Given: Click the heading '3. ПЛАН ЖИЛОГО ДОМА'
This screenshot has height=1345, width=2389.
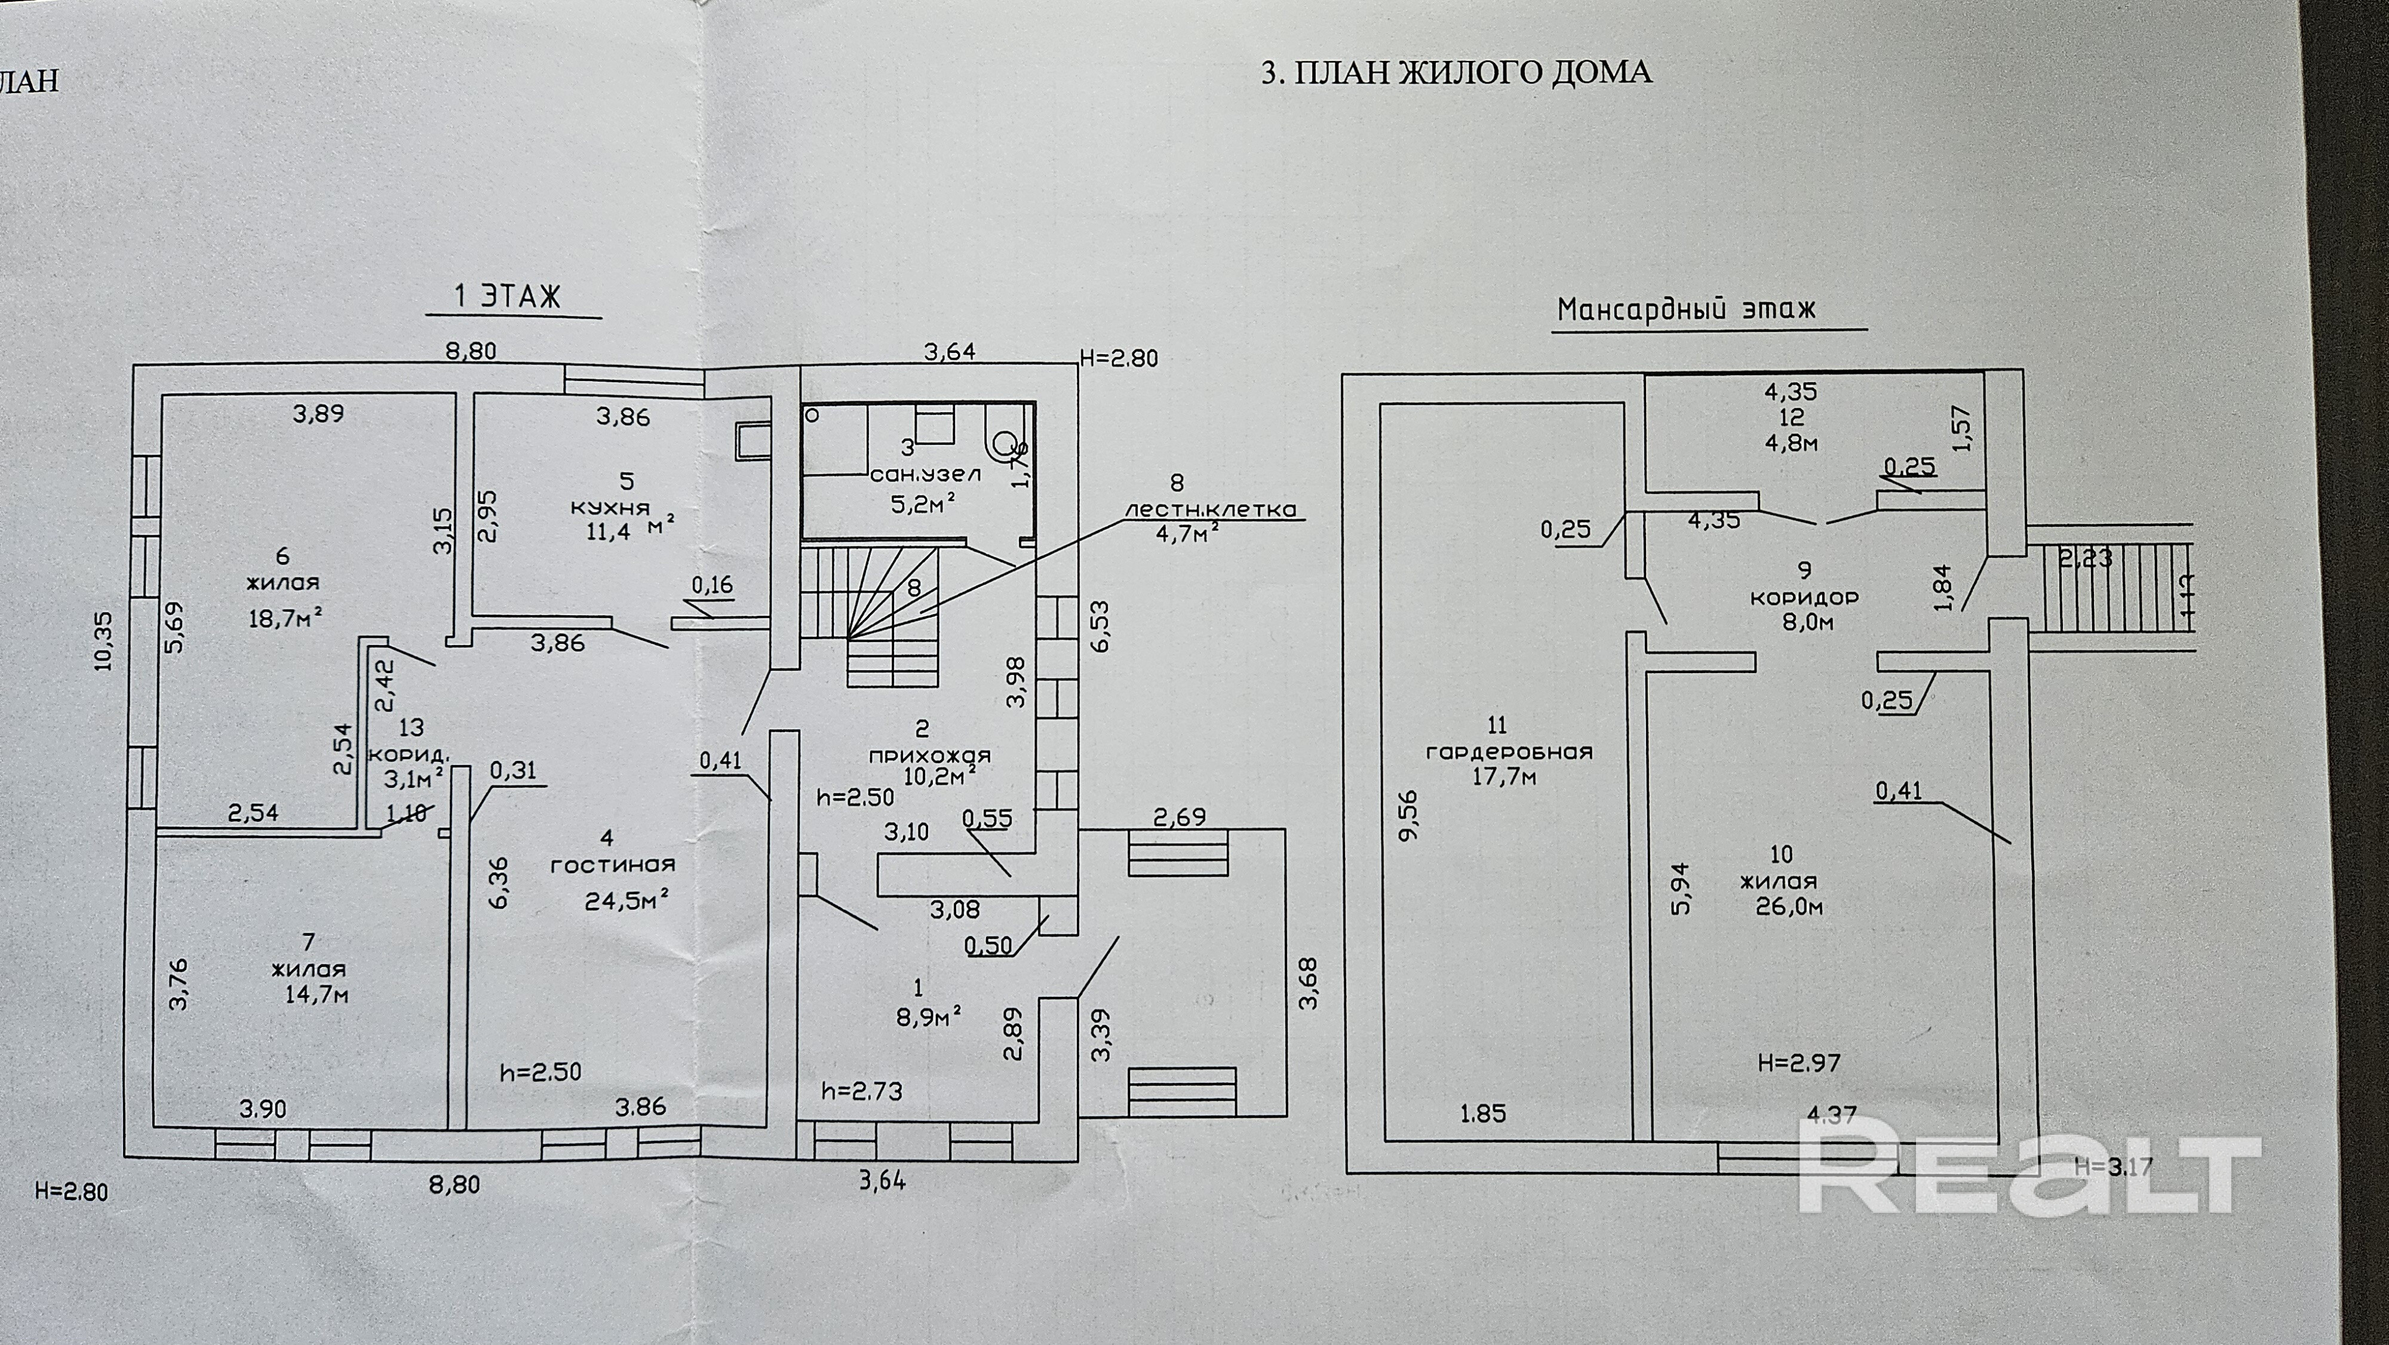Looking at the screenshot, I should (1456, 72).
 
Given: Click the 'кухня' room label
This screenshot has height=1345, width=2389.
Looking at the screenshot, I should (609, 508).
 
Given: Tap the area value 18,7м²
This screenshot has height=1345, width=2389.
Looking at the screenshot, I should (285, 619).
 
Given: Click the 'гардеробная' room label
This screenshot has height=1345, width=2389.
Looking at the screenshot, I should (1509, 751).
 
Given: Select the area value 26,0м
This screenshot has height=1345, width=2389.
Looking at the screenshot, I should (1789, 906).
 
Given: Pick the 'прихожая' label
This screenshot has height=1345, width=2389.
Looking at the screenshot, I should (929, 755).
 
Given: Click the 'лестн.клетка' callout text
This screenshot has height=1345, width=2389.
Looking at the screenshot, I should (1209, 509).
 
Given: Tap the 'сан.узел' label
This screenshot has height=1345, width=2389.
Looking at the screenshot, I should (925, 475).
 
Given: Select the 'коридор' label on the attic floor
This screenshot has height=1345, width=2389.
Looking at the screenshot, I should (1804, 597).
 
